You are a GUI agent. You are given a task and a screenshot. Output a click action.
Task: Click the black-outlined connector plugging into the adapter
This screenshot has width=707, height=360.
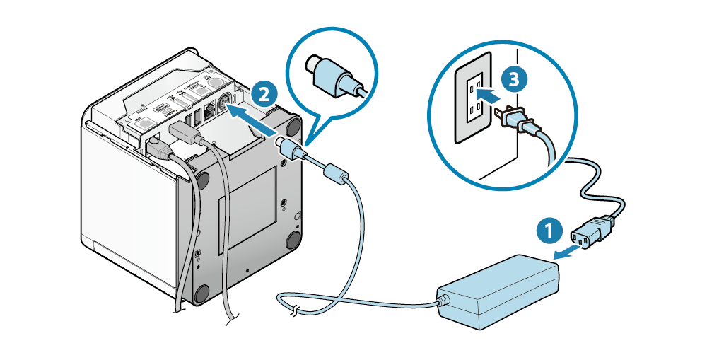[592, 231]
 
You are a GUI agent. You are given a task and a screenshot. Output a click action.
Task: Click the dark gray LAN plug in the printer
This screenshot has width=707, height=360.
[158, 147]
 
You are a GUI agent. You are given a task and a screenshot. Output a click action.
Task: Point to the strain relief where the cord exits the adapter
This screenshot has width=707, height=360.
[444, 301]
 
